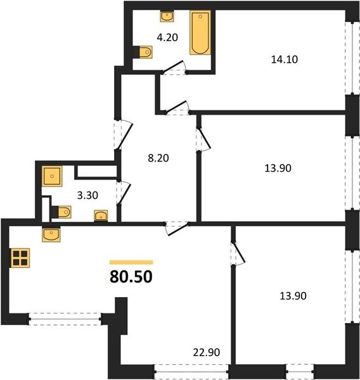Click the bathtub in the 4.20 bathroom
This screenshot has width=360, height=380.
click(x=200, y=32)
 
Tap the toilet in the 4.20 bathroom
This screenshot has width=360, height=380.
click(x=143, y=52)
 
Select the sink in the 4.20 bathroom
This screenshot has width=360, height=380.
click(x=167, y=16)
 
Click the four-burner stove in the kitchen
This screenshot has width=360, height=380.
click(x=20, y=258)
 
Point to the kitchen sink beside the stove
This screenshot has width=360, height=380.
click(x=51, y=234)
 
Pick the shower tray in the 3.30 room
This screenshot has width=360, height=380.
click(x=52, y=176)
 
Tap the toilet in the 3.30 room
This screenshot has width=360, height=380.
click(x=61, y=212)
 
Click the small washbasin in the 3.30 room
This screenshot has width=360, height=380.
click(x=101, y=215)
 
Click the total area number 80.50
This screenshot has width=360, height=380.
click(x=131, y=277)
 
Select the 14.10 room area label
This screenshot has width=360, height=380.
click(x=285, y=60)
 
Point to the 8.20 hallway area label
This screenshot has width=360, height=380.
click(x=158, y=158)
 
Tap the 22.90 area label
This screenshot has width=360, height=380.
click(x=207, y=352)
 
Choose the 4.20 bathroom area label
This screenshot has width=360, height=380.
click(x=167, y=37)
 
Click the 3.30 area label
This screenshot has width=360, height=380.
click(x=87, y=195)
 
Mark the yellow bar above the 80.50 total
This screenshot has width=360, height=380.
click(x=131, y=262)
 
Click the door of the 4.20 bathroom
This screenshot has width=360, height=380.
click(x=174, y=67)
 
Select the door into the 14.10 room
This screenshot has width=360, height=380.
click(x=177, y=108)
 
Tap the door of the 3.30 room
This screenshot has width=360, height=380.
click(x=124, y=193)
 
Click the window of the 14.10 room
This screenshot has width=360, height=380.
click(x=352, y=58)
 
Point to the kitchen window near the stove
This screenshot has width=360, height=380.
click(x=65, y=319)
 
